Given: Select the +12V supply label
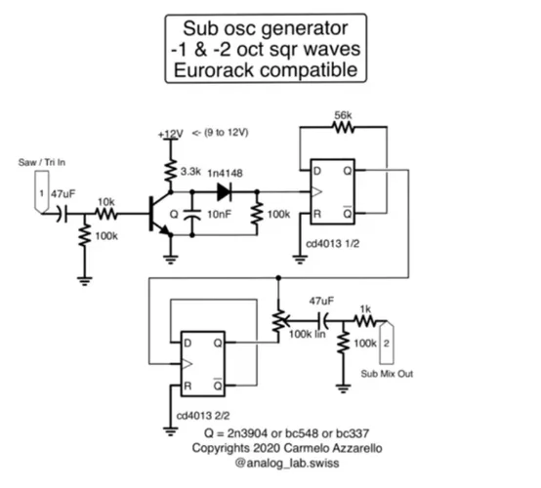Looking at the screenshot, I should coord(170,134).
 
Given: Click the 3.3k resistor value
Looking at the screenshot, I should coord(193,170).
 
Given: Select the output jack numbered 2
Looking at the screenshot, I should coord(387,343).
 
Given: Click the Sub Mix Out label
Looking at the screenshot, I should coord(388,373).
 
